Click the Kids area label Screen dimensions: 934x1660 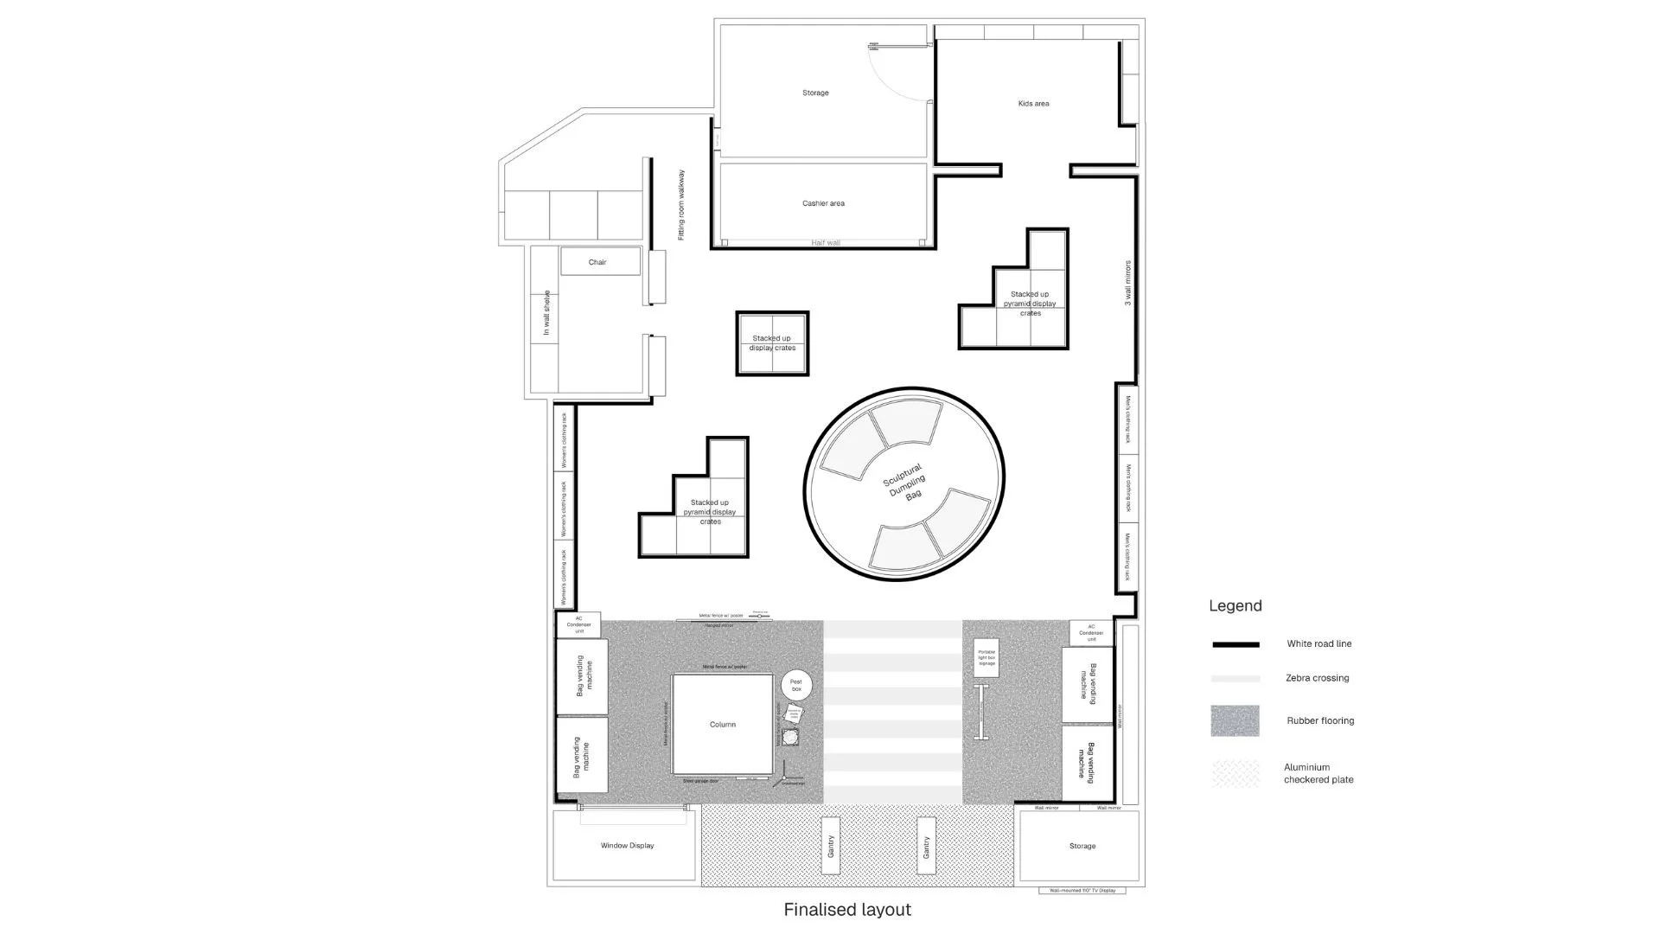1033,104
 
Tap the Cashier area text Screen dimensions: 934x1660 823,204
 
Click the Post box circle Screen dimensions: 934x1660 796,685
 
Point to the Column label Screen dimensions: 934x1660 723,725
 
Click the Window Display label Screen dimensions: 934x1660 627,846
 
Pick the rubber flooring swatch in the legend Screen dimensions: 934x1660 1235,720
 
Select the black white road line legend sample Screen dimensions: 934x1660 1235,644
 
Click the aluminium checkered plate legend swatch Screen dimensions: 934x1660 1235,773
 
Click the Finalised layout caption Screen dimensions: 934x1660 847,910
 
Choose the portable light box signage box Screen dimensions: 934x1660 986,658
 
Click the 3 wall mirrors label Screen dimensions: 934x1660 1127,283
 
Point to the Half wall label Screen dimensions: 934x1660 826,243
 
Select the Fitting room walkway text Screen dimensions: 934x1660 681,205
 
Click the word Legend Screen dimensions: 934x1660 1235,606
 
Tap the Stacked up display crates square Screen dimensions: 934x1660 772,343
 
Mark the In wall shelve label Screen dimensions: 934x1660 546,313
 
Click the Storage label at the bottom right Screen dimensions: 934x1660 1082,847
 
